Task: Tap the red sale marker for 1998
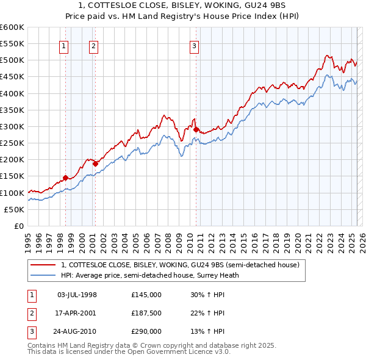tap(65, 178)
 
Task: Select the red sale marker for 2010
tap(196, 129)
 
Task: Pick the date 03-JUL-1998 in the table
tap(77, 295)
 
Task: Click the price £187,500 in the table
tap(146, 313)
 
